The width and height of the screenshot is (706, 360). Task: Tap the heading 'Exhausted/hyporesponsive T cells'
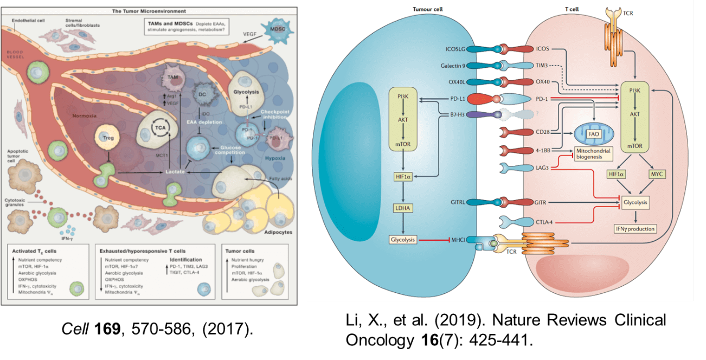coord(143,252)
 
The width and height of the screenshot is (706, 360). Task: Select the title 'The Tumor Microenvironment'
coord(150,10)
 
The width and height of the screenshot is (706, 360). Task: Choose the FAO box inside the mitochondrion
coord(593,133)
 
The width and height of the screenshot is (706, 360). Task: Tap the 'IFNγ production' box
coord(634,229)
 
